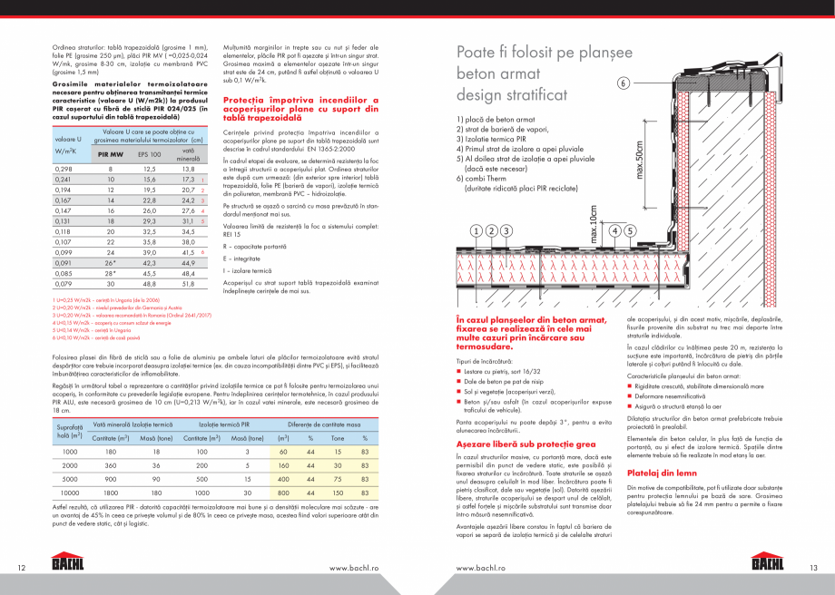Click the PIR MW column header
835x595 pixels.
[x=112, y=154]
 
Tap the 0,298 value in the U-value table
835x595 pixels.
[x=64, y=169]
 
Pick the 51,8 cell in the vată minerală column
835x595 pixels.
[x=188, y=283]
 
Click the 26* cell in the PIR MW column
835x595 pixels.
[x=111, y=263]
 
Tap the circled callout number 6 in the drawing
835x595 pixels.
[x=624, y=83]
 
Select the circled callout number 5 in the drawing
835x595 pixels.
[x=630, y=230]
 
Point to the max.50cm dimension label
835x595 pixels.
[x=638, y=159]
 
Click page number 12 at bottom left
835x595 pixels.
[x=22, y=568]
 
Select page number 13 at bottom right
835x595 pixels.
[x=813, y=568]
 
